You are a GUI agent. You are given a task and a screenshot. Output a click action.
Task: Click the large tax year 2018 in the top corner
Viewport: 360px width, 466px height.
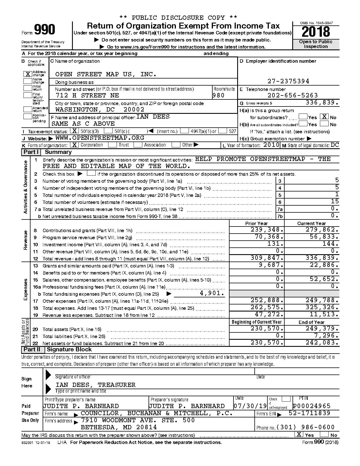point(316,32)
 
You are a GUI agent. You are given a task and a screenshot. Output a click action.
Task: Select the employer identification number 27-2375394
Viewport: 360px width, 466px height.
point(288,81)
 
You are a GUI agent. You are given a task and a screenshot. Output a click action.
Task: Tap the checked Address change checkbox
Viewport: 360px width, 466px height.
point(28,74)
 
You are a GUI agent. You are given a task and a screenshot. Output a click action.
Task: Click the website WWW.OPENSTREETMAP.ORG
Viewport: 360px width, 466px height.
point(100,138)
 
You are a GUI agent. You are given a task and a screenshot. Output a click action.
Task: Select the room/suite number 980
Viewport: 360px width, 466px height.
point(219,95)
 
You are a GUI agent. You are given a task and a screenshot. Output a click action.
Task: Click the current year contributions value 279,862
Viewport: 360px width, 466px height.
point(322,230)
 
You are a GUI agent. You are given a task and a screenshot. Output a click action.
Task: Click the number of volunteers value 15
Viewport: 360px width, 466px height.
point(335,201)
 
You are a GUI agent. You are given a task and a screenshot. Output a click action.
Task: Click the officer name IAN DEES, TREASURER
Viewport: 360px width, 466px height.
point(95,385)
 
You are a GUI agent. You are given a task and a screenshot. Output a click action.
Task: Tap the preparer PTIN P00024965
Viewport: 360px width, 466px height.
point(311,406)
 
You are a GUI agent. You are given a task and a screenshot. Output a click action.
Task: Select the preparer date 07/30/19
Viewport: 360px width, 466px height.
point(250,406)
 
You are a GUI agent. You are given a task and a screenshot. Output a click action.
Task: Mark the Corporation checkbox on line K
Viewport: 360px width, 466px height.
point(74,145)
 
